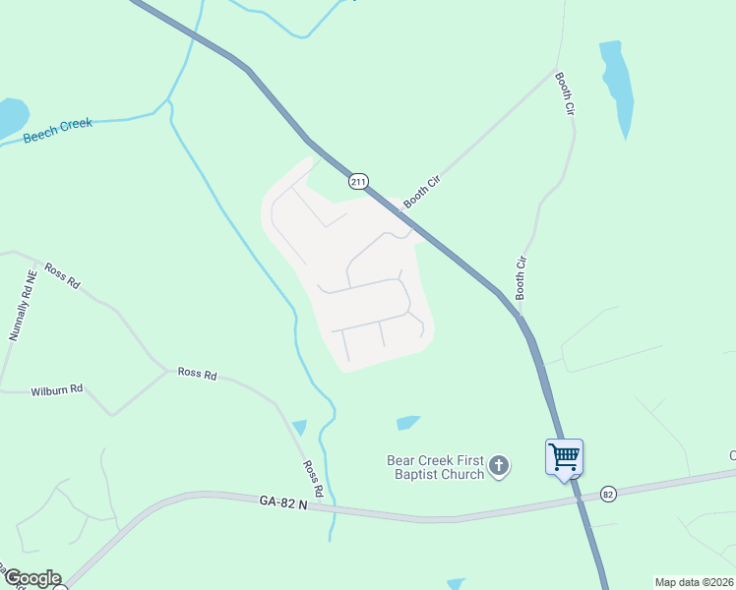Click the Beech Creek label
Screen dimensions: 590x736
[57, 131]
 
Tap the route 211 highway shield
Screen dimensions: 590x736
[357, 181]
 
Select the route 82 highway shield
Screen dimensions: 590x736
[608, 494]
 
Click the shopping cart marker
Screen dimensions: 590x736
[565, 456]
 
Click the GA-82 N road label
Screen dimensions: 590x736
[283, 502]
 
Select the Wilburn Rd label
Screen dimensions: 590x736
[56, 389]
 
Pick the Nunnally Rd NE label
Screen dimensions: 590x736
[22, 306]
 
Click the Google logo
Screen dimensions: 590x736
[32, 578]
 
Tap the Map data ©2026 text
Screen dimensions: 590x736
[694, 581]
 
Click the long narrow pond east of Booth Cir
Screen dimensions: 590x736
[617, 87]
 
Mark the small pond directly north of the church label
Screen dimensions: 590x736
[407, 423]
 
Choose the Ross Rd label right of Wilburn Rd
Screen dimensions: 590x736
[196, 373]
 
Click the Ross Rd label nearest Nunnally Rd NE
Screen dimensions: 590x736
[61, 274]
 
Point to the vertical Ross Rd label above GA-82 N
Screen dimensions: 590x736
[313, 478]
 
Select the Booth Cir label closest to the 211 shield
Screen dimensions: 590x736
[419, 189]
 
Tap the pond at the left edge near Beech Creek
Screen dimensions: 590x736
[10, 117]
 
